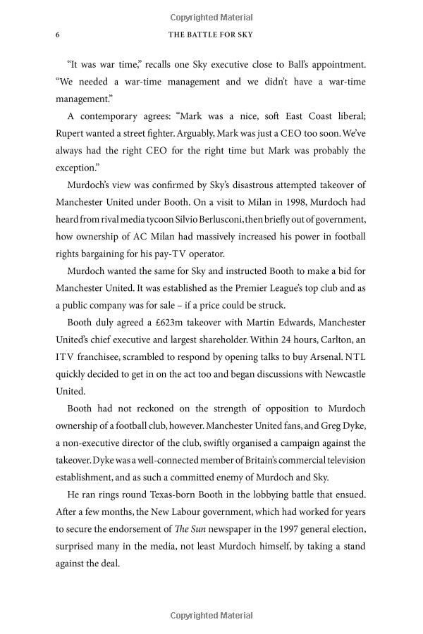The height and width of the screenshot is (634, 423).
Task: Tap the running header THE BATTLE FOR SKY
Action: coord(211,35)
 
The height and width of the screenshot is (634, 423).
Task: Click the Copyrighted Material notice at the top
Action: coord(211,15)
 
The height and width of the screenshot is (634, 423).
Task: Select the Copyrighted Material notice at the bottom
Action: coord(211,616)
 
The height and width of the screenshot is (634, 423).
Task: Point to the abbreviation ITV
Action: coord(67,356)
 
